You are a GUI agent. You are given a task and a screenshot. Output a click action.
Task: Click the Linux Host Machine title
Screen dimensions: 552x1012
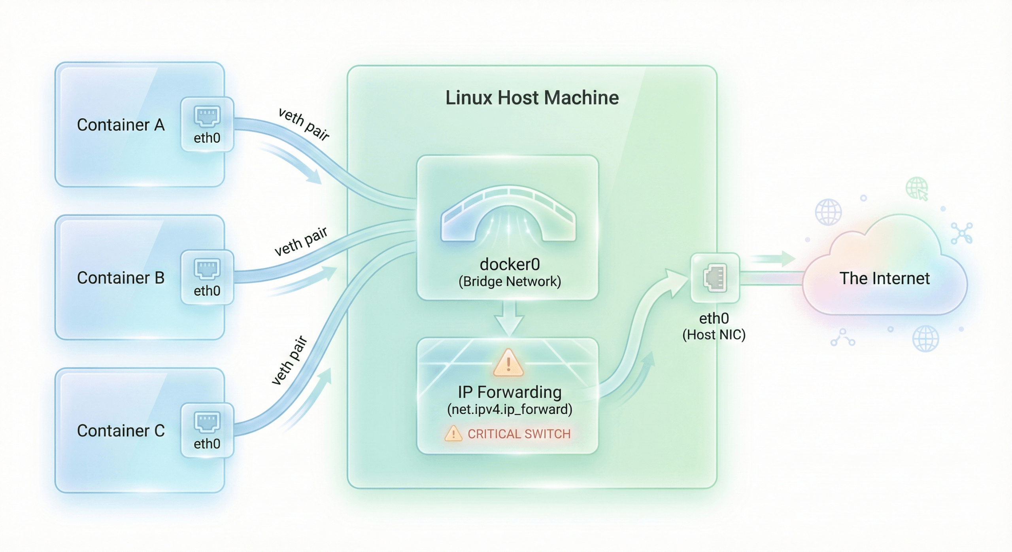pyautogui.click(x=532, y=98)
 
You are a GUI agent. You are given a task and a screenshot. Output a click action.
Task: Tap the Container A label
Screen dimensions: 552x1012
pyautogui.click(x=121, y=125)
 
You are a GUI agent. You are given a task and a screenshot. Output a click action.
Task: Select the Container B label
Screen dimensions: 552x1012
pyautogui.click(x=121, y=278)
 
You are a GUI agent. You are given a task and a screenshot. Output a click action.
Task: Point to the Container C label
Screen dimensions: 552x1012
pyautogui.click(x=121, y=431)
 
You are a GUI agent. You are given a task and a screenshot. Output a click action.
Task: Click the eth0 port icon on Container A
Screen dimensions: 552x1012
pyautogui.click(x=207, y=116)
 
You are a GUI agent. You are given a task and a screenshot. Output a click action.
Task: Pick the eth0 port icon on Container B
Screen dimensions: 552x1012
pyautogui.click(x=207, y=269)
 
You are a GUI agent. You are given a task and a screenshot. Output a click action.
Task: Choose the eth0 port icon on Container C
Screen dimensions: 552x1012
pyautogui.click(x=207, y=422)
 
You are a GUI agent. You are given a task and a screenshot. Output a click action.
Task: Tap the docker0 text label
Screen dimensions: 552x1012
pyautogui.click(x=510, y=264)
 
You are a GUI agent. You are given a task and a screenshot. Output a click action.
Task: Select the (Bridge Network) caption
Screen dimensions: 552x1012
pyautogui.click(x=510, y=282)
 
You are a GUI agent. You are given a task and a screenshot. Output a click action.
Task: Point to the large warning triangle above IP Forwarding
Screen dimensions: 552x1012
pyautogui.click(x=508, y=363)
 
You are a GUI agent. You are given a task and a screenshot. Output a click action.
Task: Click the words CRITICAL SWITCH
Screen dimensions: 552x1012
pyautogui.click(x=519, y=434)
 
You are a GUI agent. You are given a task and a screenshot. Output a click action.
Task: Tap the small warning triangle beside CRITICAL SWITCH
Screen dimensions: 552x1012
pyautogui.click(x=453, y=434)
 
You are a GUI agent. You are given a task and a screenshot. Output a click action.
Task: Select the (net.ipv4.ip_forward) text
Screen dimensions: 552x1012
pyautogui.click(x=510, y=409)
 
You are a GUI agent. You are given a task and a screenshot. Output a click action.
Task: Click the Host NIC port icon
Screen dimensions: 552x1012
pyautogui.click(x=715, y=278)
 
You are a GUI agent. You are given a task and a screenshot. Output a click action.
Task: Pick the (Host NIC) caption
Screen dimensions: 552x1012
pyautogui.click(x=714, y=335)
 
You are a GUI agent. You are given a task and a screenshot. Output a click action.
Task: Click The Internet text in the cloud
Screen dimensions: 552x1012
pyautogui.click(x=884, y=278)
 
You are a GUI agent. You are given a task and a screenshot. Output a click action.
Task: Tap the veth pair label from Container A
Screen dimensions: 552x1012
pyautogui.click(x=304, y=124)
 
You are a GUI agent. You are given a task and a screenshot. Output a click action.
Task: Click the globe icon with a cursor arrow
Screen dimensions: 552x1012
pyautogui.click(x=917, y=188)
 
